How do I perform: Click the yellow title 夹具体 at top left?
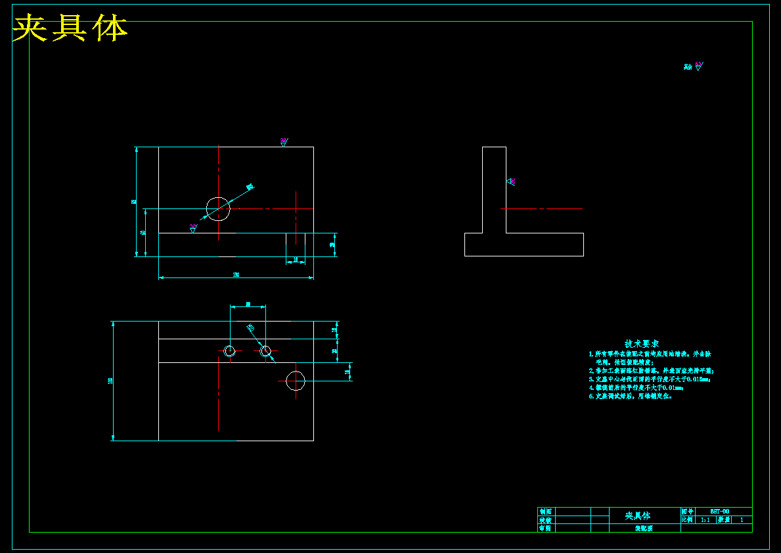(70, 28)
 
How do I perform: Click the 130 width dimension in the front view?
(236, 274)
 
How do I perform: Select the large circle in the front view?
(218, 208)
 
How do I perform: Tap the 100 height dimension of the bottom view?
(110, 381)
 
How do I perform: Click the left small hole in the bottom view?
(229, 351)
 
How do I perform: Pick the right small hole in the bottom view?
(265, 351)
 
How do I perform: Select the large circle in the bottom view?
(296, 381)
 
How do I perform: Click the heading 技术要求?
(642, 343)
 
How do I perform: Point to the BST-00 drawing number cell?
(720, 511)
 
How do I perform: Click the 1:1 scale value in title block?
(705, 519)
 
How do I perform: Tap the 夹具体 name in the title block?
(637, 516)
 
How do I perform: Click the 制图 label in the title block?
(545, 511)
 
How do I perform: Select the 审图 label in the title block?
(545, 528)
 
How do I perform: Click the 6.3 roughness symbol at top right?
(698, 65)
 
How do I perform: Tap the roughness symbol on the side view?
(511, 181)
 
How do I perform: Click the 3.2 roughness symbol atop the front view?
(284, 141)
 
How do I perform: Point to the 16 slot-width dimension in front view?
(296, 260)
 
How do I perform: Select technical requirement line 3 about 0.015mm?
(650, 379)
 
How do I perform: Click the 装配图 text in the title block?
(643, 528)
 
